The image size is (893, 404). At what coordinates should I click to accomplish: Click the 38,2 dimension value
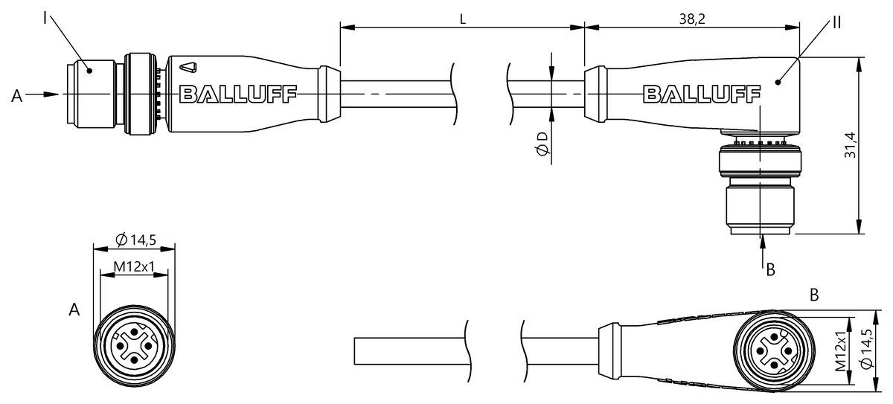click(x=691, y=20)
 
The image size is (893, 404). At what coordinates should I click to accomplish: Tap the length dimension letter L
click(x=462, y=20)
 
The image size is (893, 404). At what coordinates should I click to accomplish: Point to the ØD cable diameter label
click(x=542, y=145)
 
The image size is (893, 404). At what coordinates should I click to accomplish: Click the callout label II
click(x=836, y=22)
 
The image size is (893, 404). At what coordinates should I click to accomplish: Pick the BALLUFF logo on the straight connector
click(x=237, y=94)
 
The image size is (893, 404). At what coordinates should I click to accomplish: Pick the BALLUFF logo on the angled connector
click(x=701, y=94)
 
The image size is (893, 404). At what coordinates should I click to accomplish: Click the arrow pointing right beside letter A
click(x=45, y=94)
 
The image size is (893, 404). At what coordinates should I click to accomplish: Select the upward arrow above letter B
click(x=762, y=242)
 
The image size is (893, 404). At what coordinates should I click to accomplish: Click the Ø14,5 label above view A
click(x=135, y=240)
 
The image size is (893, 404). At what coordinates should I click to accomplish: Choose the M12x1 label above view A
click(x=133, y=266)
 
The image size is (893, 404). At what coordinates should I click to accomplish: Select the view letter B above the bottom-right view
click(x=814, y=295)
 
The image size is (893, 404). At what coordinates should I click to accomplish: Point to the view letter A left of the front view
click(x=74, y=310)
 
